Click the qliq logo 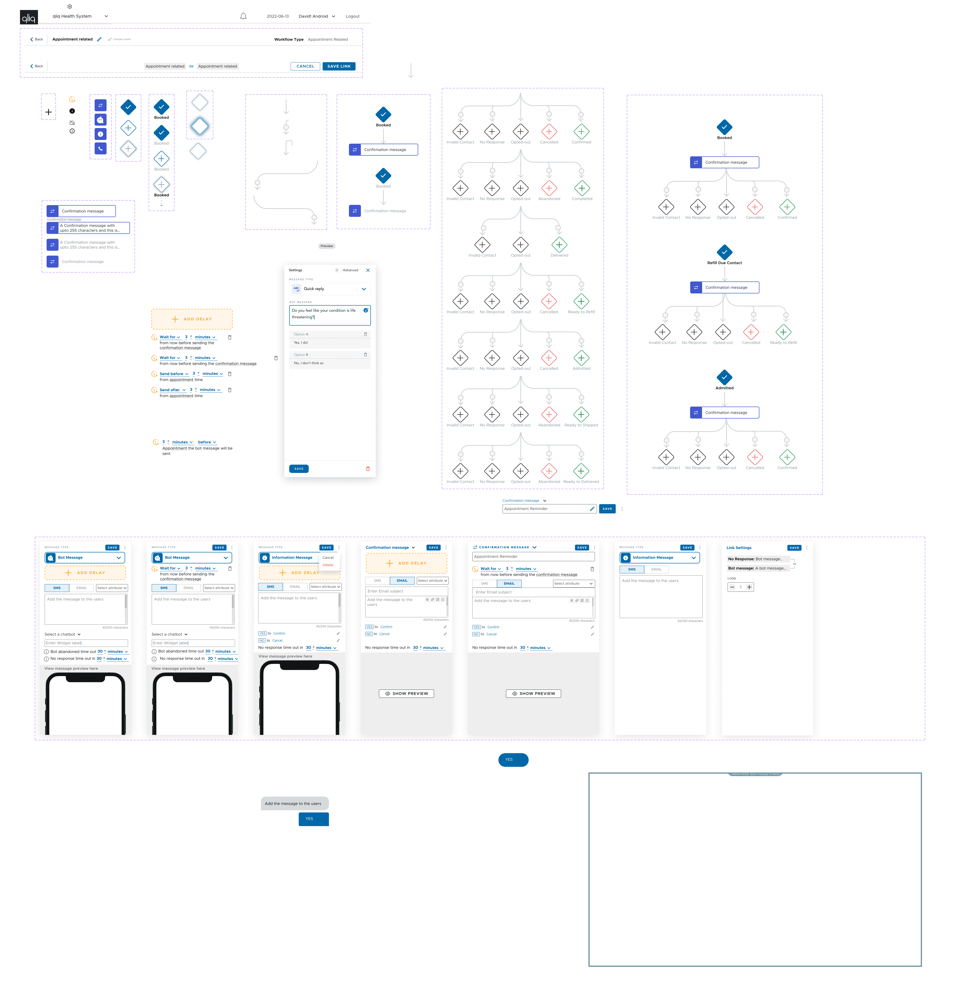pyautogui.click(x=29, y=17)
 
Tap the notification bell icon pyautogui.click(x=243, y=16)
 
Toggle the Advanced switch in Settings pyautogui.click(x=337, y=270)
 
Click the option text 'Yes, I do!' pyautogui.click(x=301, y=342)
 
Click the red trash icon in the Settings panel pyautogui.click(x=368, y=469)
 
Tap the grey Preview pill pyautogui.click(x=327, y=246)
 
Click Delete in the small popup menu pyautogui.click(x=328, y=565)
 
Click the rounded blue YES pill pyautogui.click(x=513, y=760)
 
